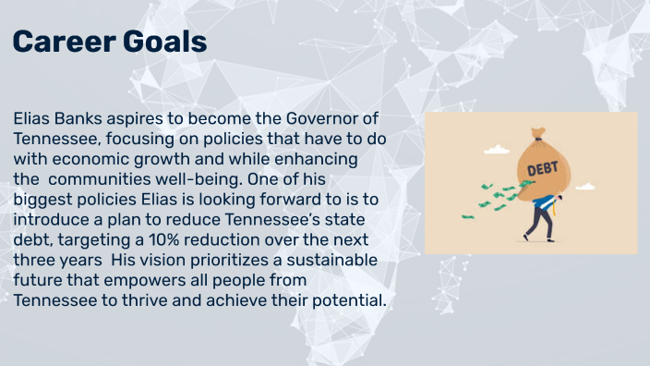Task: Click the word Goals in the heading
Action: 162,41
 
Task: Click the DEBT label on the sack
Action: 541,170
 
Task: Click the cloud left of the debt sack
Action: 496,149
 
